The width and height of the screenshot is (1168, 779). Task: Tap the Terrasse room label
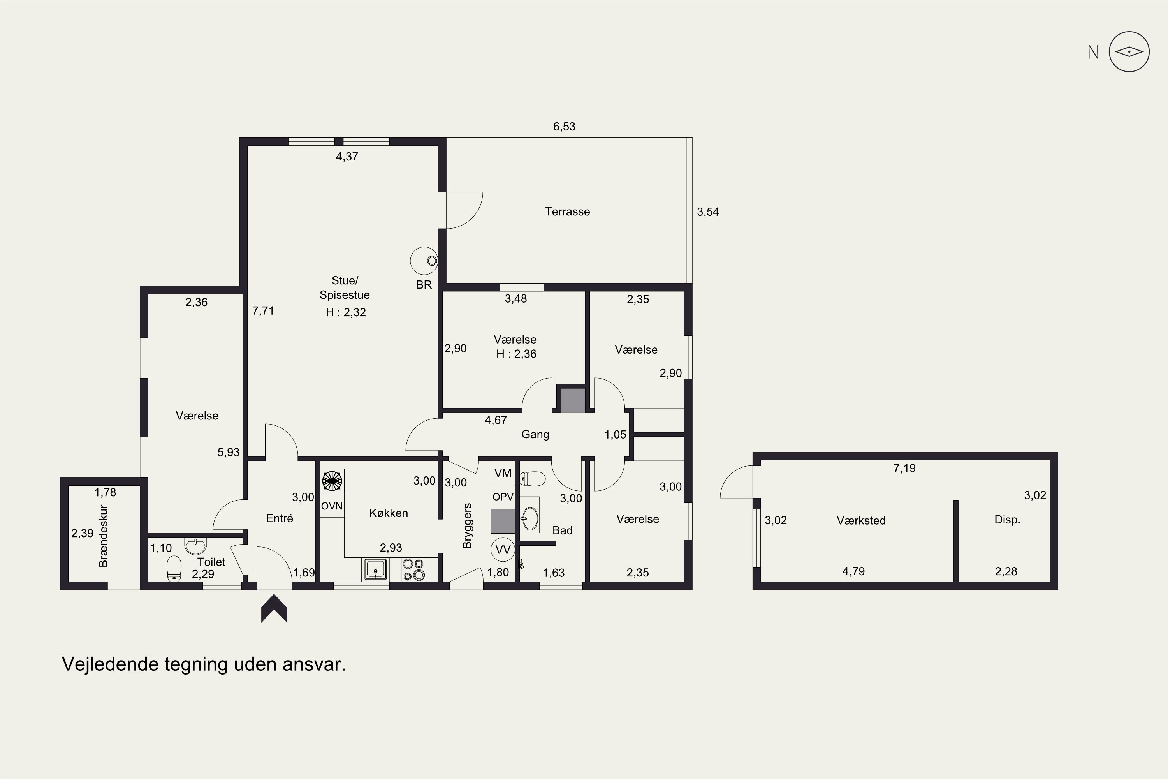[x=567, y=211]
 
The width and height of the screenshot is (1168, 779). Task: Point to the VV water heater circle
[x=503, y=550]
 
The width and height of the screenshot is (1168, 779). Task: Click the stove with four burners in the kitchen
[x=413, y=570]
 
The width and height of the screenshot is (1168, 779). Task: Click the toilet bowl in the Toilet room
[x=174, y=568]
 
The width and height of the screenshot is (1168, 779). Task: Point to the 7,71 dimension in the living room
[x=263, y=310]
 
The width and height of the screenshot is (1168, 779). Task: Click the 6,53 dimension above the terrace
[x=564, y=127]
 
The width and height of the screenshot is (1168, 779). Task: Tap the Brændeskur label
[x=103, y=536]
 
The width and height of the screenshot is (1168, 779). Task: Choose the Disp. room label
[x=1007, y=520]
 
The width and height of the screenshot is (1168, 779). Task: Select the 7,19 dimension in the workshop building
[x=904, y=468]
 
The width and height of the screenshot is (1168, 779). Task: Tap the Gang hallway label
[x=535, y=434]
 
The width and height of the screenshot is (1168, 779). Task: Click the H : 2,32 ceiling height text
[x=346, y=312]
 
